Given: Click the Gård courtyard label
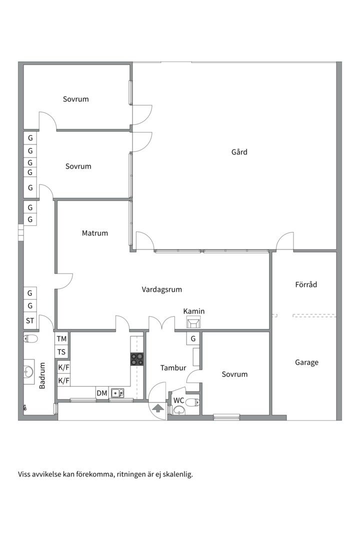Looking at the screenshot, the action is tap(239, 152).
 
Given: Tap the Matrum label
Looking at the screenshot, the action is tap(94, 233).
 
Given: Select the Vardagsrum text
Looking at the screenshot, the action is tap(161, 289).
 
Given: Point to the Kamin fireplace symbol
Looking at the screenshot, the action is tap(193, 323).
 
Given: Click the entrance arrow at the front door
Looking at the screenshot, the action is tap(158, 408).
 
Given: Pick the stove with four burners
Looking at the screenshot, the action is tap(137, 359).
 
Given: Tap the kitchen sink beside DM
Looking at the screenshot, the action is tap(117, 392).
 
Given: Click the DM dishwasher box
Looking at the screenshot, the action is tap(102, 393).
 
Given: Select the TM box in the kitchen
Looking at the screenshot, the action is tap(61, 339).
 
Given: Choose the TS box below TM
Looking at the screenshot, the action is tap(61, 352).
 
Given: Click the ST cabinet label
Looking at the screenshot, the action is tap(30, 320).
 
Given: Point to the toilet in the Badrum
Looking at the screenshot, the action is tap(30, 339).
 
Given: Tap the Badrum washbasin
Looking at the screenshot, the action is tap(28, 371).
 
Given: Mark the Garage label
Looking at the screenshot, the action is tap(306, 362).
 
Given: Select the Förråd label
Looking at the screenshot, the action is tap(306, 284).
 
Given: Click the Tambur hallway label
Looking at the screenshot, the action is tap(173, 368).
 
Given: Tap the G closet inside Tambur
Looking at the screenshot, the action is tap(193, 338).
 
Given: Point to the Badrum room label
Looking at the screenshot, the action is tap(42, 375).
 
